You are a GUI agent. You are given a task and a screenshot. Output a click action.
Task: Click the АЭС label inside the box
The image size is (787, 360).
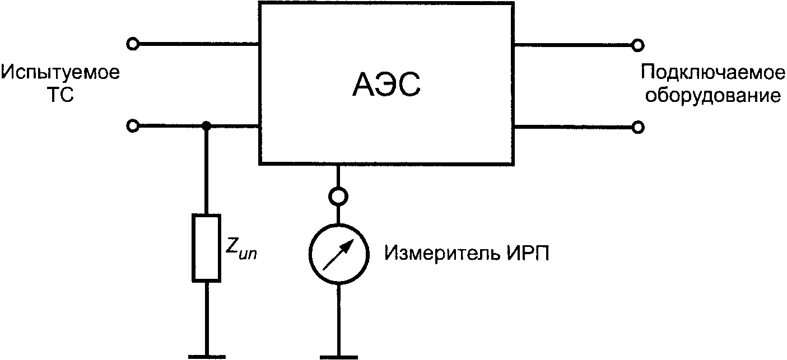[386, 85]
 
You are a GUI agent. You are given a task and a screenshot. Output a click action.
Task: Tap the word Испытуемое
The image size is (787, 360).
[60, 73]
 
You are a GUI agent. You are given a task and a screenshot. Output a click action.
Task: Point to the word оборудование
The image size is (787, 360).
[713, 96]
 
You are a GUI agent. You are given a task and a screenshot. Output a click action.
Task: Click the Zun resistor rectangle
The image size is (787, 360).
[206, 247]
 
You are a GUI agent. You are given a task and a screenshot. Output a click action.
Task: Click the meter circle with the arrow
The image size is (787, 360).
[338, 254]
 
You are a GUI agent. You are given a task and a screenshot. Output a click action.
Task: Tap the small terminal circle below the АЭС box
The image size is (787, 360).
[338, 197]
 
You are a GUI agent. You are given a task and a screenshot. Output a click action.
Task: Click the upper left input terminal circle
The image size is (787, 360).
[133, 43]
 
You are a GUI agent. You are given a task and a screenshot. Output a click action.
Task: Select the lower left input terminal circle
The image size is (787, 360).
[133, 126]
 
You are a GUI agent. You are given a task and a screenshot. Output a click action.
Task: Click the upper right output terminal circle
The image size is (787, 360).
[637, 44]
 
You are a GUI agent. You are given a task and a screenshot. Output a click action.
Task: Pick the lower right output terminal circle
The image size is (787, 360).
[637, 128]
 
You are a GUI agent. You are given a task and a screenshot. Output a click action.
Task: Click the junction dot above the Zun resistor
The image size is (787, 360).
[206, 126]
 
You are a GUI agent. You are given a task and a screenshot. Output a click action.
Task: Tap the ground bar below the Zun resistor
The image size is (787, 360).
[206, 356]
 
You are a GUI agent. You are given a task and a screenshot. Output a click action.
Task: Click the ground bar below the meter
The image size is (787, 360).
[338, 356]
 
